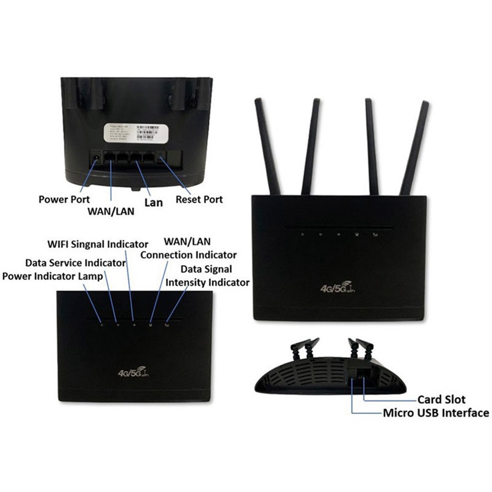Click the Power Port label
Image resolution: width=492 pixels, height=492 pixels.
click(64, 199)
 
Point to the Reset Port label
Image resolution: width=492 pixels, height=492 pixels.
click(199, 199)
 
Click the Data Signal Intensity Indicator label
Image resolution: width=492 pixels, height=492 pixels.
click(207, 276)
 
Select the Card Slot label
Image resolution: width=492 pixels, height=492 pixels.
click(441, 400)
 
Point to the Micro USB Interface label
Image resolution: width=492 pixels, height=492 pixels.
click(436, 413)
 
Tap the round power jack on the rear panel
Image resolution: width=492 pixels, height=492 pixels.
click(96, 159)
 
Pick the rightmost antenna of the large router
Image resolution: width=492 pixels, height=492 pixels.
click(415, 148)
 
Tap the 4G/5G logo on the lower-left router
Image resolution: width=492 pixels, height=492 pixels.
click(132, 371)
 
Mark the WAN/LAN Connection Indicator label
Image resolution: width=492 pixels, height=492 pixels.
click(188, 248)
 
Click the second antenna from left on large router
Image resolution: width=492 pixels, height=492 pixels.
click(309, 145)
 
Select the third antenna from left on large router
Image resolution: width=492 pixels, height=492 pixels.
click(374, 145)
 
